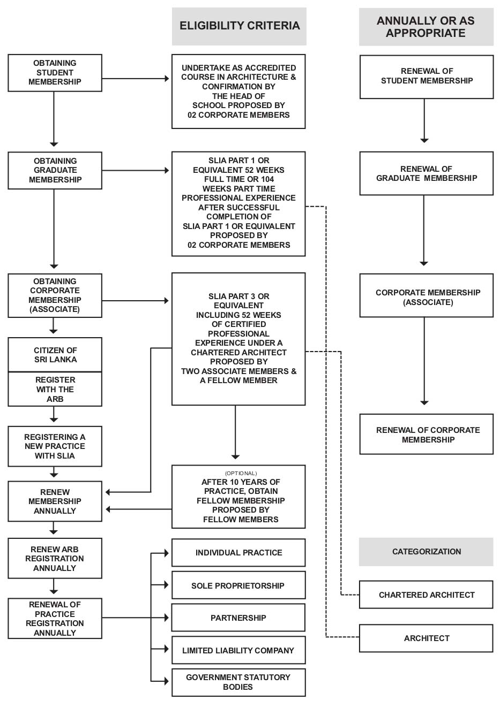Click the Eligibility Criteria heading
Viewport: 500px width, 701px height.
point(239,26)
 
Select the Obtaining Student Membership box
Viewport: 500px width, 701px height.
point(55,73)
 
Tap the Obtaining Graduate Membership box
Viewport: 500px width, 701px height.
point(55,170)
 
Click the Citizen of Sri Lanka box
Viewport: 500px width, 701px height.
point(55,355)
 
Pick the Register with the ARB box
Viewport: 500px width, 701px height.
point(55,389)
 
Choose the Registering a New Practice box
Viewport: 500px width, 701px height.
point(55,446)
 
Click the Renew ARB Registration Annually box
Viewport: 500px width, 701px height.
point(55,558)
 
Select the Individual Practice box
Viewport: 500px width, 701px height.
point(238,553)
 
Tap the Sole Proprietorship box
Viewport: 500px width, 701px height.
point(238,585)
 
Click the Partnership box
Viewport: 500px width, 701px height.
point(238,618)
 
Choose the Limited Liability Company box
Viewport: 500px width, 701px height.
point(238,650)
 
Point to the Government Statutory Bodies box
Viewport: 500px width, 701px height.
point(238,683)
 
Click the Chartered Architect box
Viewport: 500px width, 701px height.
point(427,595)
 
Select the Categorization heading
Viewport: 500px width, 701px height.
point(427,551)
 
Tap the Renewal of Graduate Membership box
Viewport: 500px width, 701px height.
point(427,173)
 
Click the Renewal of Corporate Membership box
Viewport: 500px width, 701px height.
point(427,435)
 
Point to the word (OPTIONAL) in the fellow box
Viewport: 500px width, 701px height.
point(241,473)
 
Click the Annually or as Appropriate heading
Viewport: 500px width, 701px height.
point(427,27)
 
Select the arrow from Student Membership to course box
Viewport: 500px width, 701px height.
point(136,79)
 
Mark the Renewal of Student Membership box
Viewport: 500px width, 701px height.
point(427,77)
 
